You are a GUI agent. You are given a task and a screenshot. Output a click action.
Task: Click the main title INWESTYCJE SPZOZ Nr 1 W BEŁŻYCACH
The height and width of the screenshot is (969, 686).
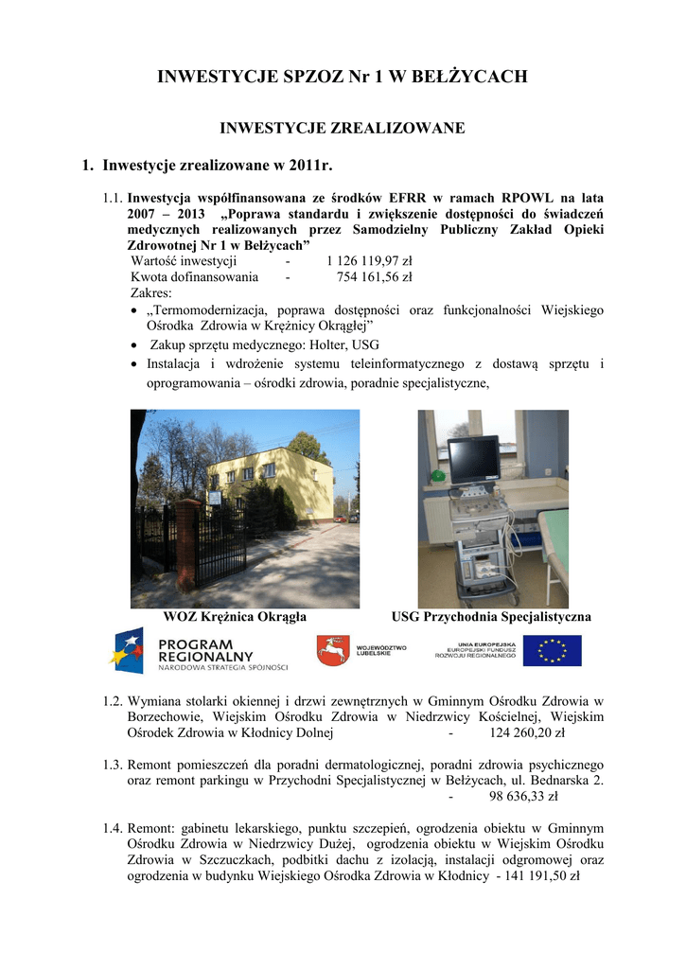[x=343, y=77]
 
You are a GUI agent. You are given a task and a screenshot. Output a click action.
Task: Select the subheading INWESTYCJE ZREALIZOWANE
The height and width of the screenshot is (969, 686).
[x=343, y=127]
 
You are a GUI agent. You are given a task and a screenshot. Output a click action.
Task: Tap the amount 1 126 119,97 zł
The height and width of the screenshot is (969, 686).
[x=369, y=261]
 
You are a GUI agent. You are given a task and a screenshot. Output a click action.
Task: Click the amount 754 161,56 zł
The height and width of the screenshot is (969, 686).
[x=375, y=277]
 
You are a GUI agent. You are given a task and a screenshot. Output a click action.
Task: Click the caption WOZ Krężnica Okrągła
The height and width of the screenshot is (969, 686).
[x=235, y=616]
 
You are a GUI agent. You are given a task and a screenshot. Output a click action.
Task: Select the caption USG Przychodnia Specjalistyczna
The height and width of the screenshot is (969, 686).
[x=492, y=616]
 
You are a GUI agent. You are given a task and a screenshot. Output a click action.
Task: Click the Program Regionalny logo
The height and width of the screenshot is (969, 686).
[x=200, y=651]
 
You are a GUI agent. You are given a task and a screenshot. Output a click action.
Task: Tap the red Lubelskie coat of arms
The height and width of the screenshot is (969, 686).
[x=331, y=651]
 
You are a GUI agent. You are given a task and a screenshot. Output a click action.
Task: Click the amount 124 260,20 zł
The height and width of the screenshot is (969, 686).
[x=527, y=732]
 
